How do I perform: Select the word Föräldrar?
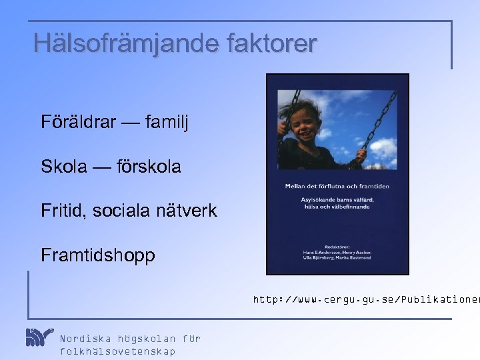point(79,122)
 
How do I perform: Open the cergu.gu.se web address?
point(365,301)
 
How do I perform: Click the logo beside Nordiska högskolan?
point(39,337)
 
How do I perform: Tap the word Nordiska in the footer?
point(85,339)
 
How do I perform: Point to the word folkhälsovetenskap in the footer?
point(117,351)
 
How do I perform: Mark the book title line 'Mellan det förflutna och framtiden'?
point(337,186)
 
